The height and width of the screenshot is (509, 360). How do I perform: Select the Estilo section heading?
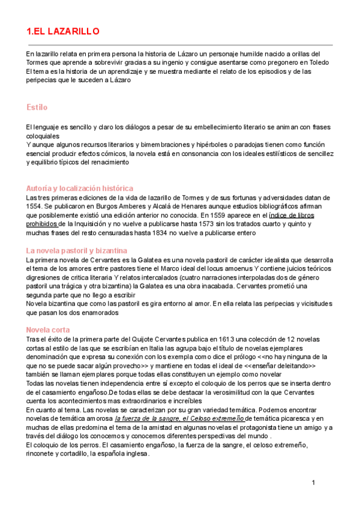(37, 107)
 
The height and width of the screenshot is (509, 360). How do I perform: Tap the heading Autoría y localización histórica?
(80, 188)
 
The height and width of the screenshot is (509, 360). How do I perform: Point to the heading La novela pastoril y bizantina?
(76, 250)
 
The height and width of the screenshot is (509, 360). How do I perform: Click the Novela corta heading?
(48, 330)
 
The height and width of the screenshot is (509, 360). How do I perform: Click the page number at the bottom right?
(313, 483)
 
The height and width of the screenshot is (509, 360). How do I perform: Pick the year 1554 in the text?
(35, 206)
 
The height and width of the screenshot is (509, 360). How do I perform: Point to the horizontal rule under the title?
(180, 45)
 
